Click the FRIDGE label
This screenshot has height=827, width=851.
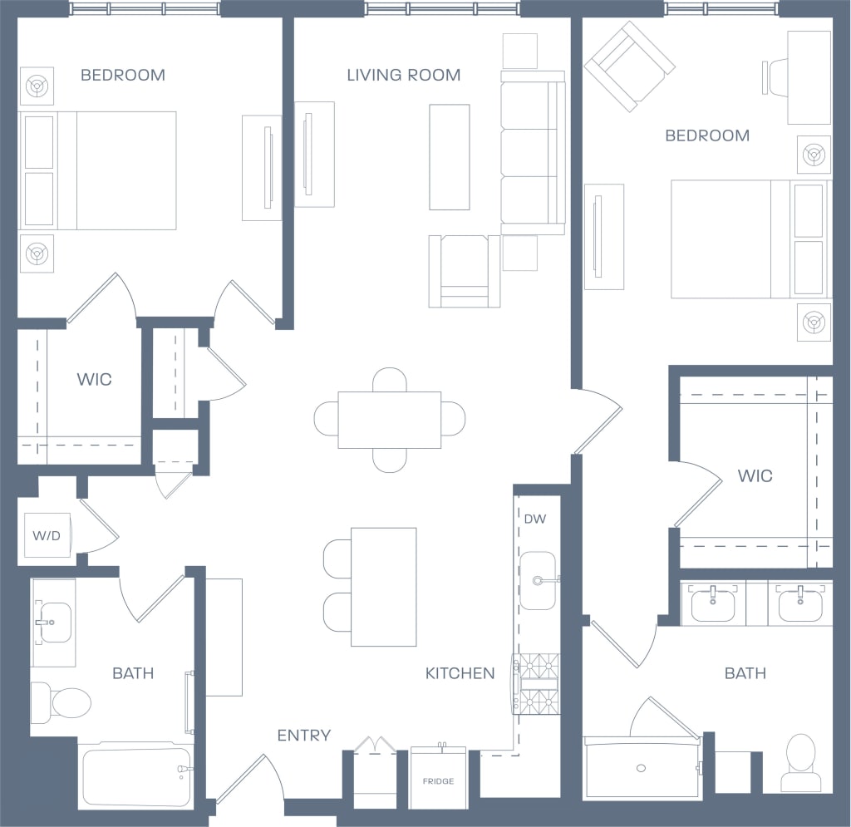coord(438,781)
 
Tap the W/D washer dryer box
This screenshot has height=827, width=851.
coord(47,535)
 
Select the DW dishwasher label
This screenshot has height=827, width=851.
coord(535,519)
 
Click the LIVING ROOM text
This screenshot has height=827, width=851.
coord(403,75)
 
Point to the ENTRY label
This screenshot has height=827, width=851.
coord(303,735)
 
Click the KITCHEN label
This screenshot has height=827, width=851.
coord(460,673)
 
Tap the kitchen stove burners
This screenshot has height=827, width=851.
coord(537,683)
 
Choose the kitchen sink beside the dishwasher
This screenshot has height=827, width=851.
coord(538,580)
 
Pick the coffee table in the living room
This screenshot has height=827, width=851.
coord(450,157)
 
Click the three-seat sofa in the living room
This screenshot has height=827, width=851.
coord(533,152)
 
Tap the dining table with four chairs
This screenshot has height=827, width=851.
coord(389,419)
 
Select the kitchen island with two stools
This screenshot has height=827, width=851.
coord(383,587)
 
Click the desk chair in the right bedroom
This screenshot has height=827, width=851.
coord(776,77)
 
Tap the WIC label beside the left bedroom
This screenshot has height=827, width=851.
coord(94,380)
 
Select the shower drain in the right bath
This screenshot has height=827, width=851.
coord(641,767)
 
